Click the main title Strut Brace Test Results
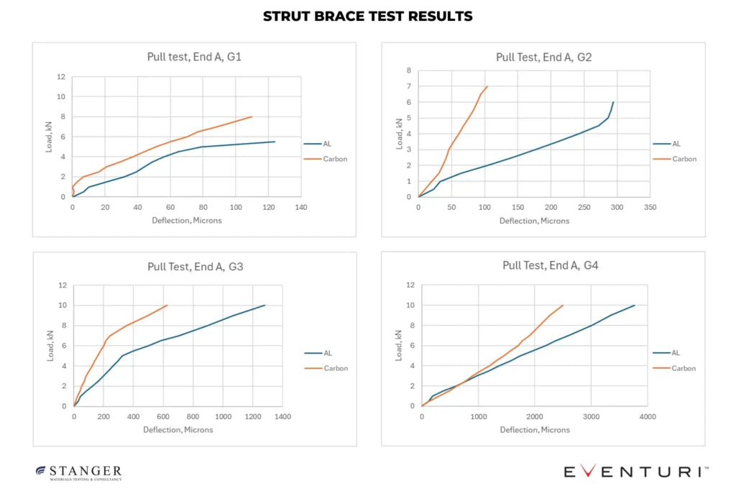(x=367, y=16)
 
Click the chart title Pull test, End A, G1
(x=193, y=56)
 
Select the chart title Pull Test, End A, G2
(x=543, y=57)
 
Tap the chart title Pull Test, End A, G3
(x=193, y=266)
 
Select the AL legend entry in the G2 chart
(x=676, y=144)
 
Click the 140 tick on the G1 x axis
(x=301, y=207)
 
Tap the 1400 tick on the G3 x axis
(x=282, y=416)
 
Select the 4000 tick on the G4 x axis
(x=648, y=416)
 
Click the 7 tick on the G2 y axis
(x=408, y=86)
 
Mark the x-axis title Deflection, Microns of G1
(x=187, y=220)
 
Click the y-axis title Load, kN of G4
(x=399, y=345)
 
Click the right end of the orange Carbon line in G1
(x=252, y=116)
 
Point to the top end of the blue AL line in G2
(x=613, y=102)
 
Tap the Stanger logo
(x=79, y=472)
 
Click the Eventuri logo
(x=635, y=472)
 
